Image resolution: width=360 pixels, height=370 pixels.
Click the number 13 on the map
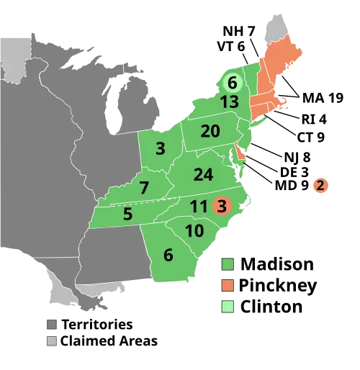point(229,102)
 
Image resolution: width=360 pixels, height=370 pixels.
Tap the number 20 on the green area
point(210,131)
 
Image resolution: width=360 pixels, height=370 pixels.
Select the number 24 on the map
point(203,174)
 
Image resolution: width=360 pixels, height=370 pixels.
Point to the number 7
point(144,188)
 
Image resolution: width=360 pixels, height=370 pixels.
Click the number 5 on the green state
point(127,214)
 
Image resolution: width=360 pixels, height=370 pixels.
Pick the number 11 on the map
point(199,207)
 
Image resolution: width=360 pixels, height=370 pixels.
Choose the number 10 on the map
point(194,231)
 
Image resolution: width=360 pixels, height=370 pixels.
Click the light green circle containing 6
point(232,84)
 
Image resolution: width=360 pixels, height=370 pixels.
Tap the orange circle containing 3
point(222,207)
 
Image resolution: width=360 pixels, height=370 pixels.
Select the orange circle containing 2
point(320,186)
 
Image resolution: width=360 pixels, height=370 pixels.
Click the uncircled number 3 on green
point(160,149)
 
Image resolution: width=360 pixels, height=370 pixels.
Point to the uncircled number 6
point(168,255)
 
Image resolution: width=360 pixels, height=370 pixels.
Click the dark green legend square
point(228,264)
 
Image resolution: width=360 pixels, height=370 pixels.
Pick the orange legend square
point(228,286)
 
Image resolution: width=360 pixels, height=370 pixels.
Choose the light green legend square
point(228,307)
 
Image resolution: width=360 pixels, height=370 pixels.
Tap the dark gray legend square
point(52,323)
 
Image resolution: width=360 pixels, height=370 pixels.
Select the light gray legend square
point(52,340)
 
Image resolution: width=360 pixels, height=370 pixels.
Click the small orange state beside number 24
point(240,152)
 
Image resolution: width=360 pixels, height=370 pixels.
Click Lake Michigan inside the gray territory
point(114,108)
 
